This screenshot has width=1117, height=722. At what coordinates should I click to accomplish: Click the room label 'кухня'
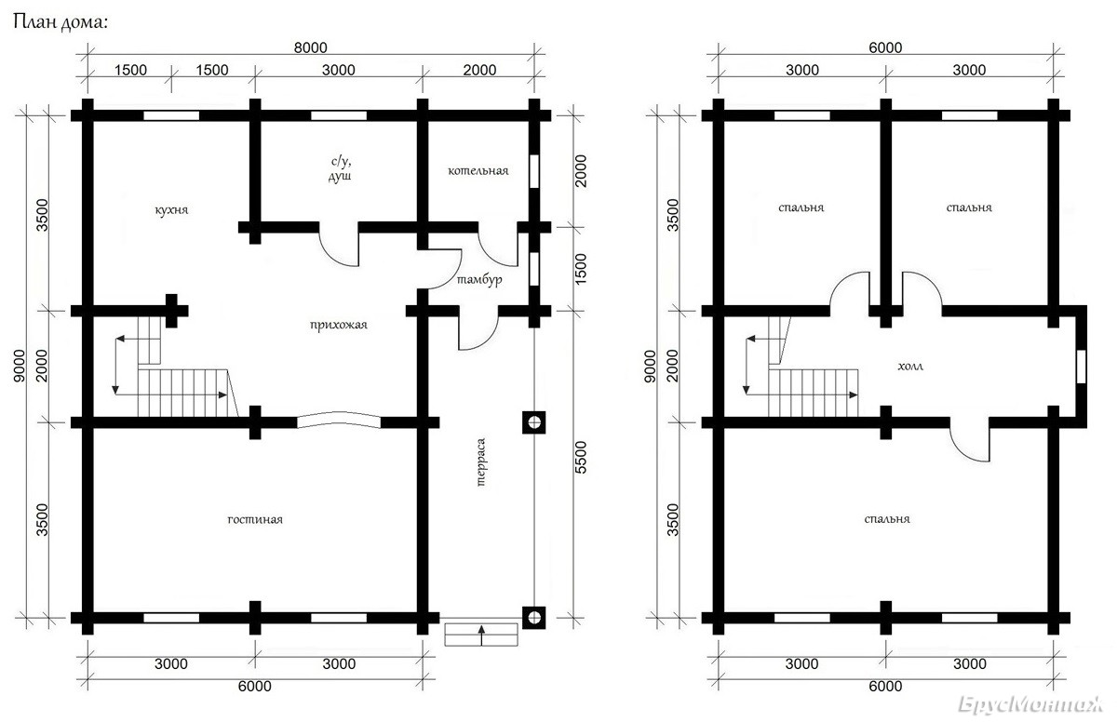pos(171,209)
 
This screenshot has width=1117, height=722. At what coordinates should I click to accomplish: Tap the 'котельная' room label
pos(478,171)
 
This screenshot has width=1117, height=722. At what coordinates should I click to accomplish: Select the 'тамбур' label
pos(479,279)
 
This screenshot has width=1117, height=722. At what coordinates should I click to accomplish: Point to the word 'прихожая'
pos(339,326)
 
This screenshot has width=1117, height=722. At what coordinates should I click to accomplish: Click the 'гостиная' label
pos(255,520)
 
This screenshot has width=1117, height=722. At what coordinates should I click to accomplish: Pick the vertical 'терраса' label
pos(480,461)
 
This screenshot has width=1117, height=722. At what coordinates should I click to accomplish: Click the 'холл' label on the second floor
pos(910,367)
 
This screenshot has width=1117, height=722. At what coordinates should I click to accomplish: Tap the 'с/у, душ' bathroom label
pos(341,169)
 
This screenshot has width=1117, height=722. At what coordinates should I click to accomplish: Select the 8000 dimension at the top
pos(310,47)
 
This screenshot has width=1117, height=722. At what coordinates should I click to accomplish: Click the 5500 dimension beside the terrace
pos(581,458)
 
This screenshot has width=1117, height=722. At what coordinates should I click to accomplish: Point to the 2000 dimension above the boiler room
pos(479,70)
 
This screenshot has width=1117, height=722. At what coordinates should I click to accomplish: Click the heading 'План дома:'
pos(60,22)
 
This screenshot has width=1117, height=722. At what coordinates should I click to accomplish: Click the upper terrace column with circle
pos(534,422)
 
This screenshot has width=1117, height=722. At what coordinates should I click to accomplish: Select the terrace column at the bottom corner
pos(534,618)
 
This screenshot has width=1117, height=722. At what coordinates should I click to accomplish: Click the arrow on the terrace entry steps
pos(481,635)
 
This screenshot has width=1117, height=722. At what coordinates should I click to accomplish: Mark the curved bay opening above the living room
pos(339,419)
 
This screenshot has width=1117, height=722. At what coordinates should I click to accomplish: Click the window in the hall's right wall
pos(1081,367)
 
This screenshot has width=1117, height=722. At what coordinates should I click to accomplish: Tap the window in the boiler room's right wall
pos(534,171)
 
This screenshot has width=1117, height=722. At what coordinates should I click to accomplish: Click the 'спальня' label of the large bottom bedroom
pos(886,519)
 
